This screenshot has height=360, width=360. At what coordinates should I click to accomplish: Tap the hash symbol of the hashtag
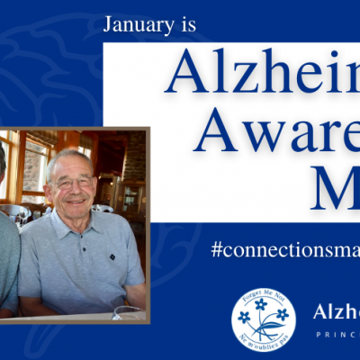(217, 250)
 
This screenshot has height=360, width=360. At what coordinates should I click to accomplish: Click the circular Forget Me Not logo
(263, 318)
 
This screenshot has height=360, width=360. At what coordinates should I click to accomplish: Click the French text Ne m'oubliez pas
(262, 341)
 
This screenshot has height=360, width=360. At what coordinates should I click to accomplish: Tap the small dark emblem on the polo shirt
(112, 256)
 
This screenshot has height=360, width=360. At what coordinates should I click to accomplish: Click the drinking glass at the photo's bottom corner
(129, 313)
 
